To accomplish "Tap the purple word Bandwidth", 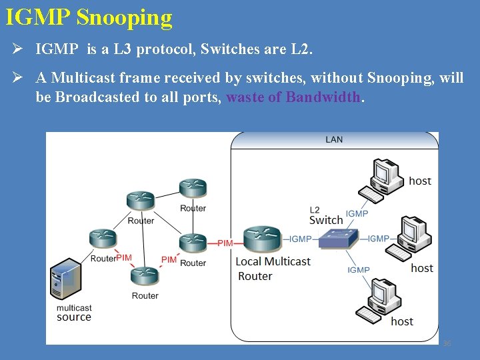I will point(323,97).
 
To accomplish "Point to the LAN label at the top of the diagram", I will point(334,139).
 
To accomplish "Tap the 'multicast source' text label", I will point(74,313).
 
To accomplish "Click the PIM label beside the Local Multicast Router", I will point(225,243).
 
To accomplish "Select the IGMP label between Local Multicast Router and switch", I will point(301,239).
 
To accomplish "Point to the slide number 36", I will point(447,343).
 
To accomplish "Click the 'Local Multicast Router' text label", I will point(273,269).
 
